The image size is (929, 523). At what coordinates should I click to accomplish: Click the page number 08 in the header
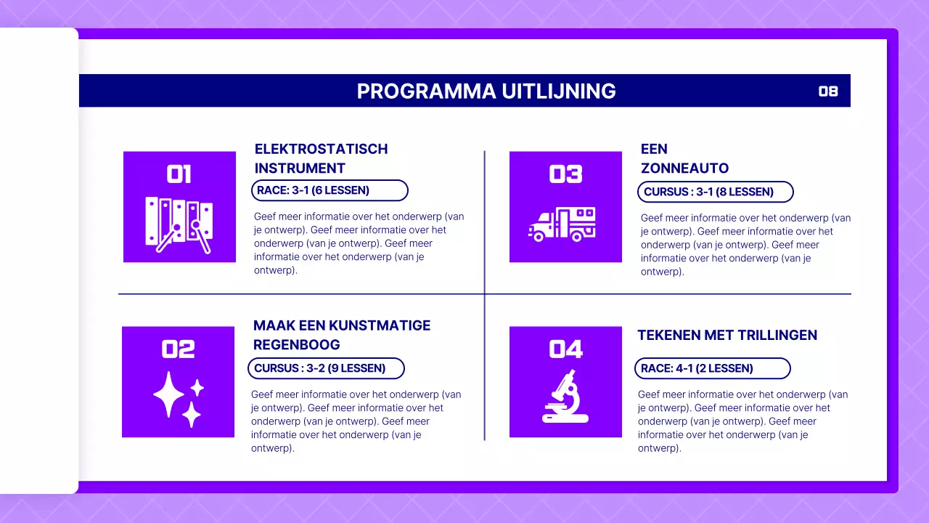(828, 92)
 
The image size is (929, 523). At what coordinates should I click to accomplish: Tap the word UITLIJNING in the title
(558, 92)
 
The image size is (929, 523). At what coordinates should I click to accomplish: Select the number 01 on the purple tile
(179, 174)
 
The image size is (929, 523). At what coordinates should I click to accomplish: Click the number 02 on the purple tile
(178, 349)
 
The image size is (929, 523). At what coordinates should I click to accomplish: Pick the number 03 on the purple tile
(565, 174)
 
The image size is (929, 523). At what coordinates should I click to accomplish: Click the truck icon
(562, 224)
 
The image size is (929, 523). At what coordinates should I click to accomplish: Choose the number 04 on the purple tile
(565, 349)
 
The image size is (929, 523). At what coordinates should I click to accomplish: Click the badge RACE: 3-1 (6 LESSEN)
(330, 190)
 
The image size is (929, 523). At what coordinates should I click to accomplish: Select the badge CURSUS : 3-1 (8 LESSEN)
(715, 192)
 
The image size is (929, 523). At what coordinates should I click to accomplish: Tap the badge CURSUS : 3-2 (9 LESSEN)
(326, 368)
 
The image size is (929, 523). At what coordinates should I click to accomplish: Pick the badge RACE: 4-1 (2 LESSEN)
(712, 368)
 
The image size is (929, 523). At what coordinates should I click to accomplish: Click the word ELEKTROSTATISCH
(321, 149)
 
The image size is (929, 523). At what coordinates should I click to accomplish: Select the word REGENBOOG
(296, 344)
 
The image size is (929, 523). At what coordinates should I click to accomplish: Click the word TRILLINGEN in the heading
(777, 335)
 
